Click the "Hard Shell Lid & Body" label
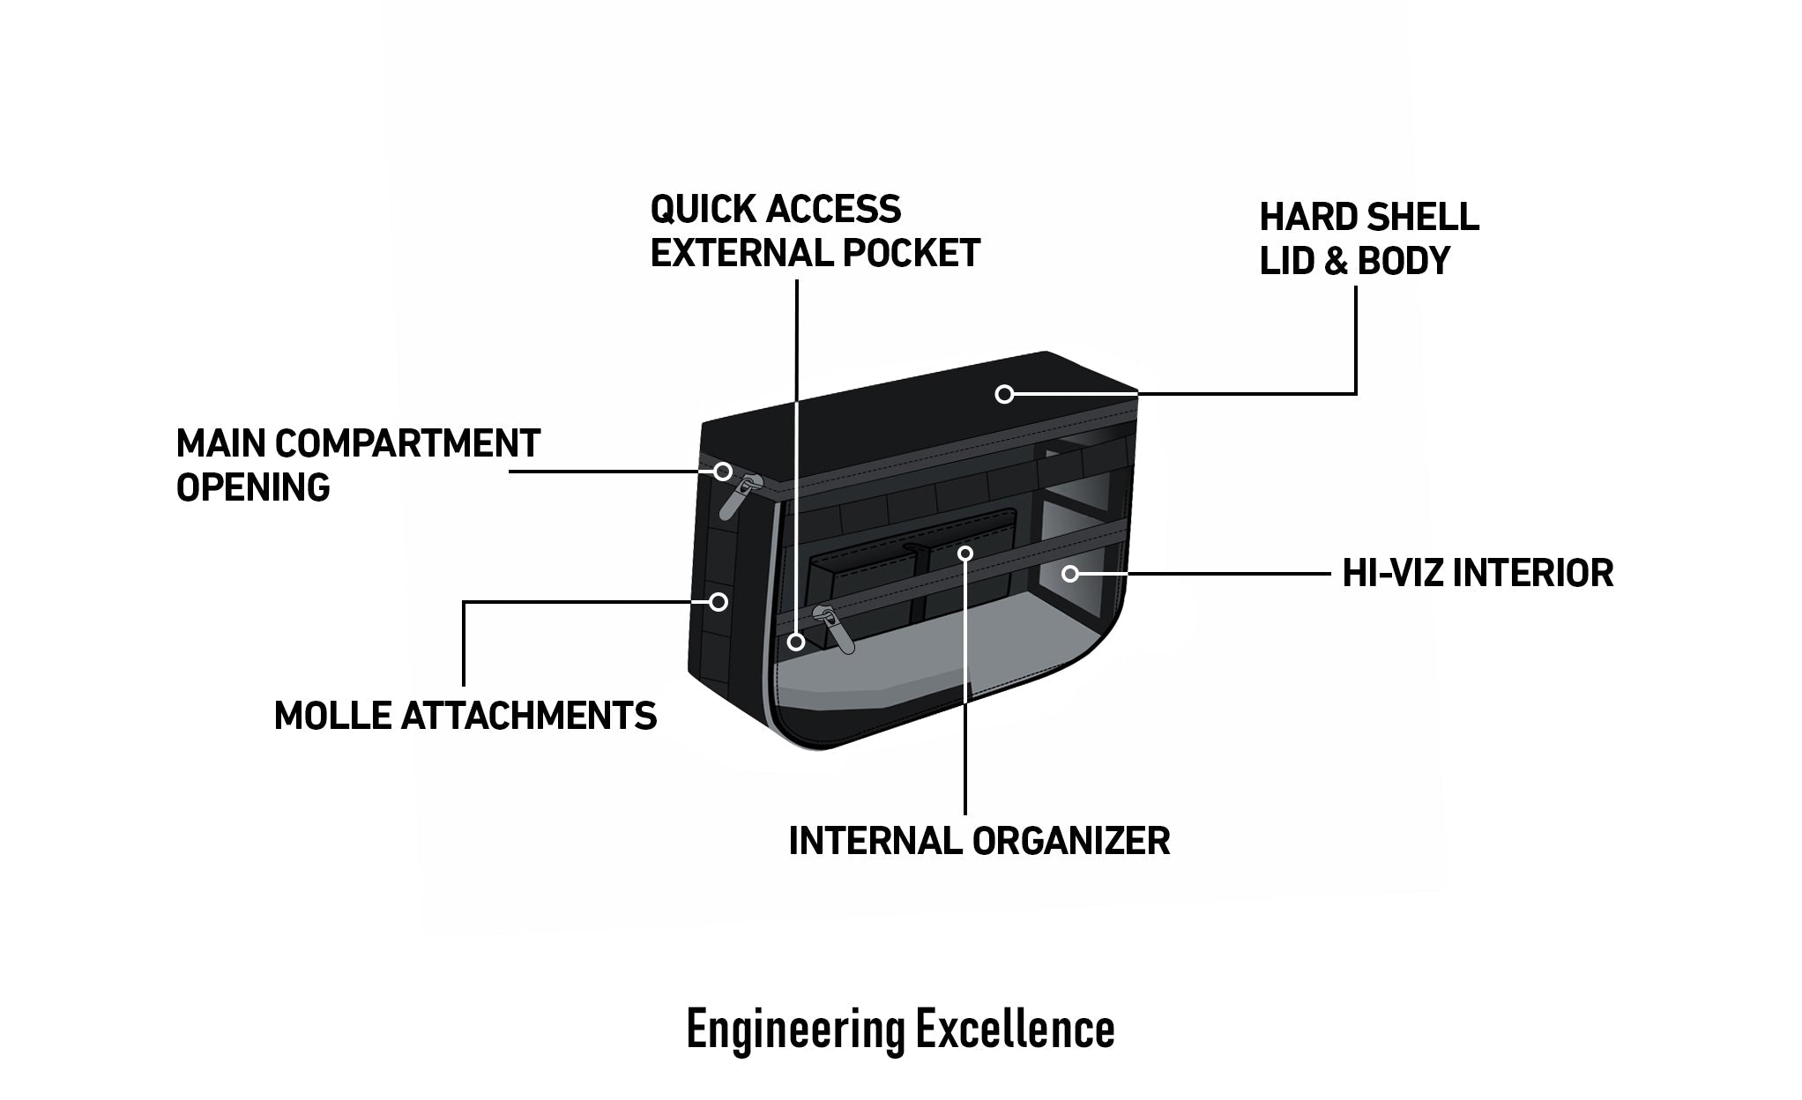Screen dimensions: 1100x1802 [x=1368, y=239]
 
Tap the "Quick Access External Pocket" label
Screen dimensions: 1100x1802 [x=815, y=231]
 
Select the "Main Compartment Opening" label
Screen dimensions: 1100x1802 [x=357, y=465]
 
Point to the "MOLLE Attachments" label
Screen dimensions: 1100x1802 [x=465, y=716]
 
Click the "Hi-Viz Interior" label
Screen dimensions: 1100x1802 [x=1477, y=573]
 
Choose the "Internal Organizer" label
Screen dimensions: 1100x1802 [x=979, y=841]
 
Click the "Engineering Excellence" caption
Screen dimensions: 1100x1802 [x=900, y=1029]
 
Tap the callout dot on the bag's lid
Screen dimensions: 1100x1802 [x=1004, y=394]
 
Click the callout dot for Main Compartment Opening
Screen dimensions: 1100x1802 [x=723, y=472]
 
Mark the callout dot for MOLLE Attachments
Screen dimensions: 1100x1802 [x=719, y=602]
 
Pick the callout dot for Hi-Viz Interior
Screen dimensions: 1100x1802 [x=1070, y=574]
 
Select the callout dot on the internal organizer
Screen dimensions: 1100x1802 [x=965, y=554]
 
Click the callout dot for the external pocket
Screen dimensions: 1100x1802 [x=797, y=642]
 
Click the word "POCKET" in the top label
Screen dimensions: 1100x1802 [x=911, y=254]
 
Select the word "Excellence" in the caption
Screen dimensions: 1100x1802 [x=1015, y=1029]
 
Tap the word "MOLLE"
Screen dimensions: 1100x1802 [x=332, y=716]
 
